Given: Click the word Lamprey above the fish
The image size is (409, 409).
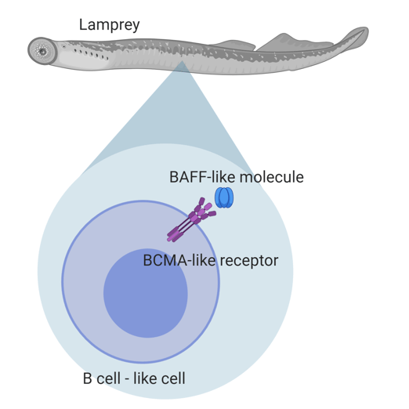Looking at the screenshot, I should (109, 24).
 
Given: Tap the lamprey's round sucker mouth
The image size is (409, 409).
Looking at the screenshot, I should (40, 51).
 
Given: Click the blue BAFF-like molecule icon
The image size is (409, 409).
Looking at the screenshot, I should (225, 197).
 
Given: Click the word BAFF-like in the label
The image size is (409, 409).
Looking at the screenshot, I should (192, 177).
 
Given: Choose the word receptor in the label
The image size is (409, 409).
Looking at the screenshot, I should (247, 260).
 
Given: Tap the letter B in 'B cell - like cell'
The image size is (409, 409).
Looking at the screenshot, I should (88, 380).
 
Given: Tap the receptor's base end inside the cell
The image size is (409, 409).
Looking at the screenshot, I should (171, 237).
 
